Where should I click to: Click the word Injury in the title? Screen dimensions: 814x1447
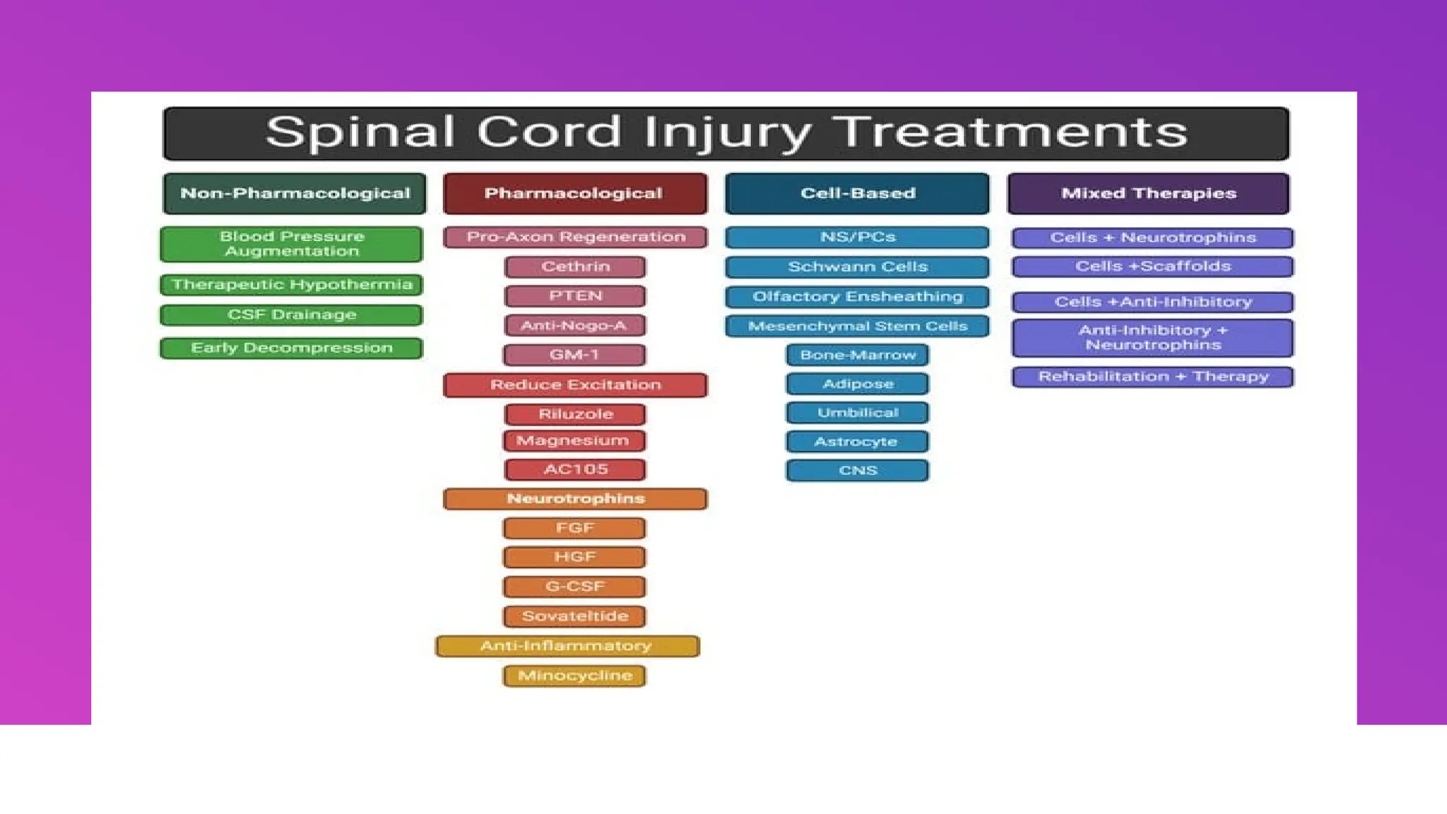pos(728,133)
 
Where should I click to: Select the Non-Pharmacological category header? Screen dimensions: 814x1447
pos(295,194)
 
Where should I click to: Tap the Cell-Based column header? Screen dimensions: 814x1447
pos(857,194)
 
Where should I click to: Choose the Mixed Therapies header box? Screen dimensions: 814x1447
pos(1148,194)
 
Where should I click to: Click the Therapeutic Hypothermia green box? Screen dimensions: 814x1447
pos(292,285)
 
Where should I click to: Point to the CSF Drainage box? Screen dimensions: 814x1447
pos(292,315)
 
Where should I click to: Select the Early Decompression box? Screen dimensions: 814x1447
pos(292,348)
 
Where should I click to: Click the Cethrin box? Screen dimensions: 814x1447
pos(575,267)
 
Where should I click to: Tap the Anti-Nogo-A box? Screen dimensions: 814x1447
pos(575,326)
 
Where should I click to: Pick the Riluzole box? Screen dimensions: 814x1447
pos(575,414)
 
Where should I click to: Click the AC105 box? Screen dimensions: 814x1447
pos(575,470)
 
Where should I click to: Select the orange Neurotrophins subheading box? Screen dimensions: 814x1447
pos(575,499)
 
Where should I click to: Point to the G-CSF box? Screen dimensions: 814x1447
pos(575,586)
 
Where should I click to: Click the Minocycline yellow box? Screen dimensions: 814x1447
pos(575,676)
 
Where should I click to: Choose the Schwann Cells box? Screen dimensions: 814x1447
pos(857,267)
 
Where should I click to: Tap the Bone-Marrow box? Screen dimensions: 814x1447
pos(857,355)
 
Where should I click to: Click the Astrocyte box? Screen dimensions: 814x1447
pos(857,442)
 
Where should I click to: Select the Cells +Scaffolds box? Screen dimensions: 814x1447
pos(1152,266)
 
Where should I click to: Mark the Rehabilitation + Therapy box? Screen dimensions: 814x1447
pos(1152,377)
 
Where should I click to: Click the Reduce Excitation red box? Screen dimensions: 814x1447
pos(575,385)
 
